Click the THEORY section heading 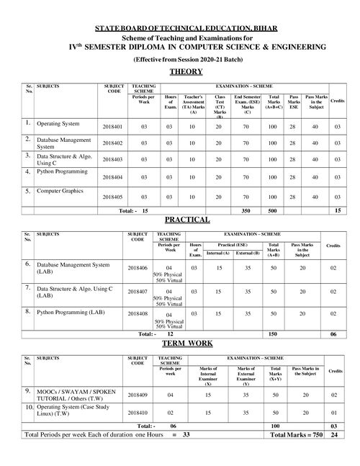pyautogui.click(x=186, y=72)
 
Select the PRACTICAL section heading pyautogui.click(x=186, y=219)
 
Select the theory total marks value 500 pyautogui.click(x=273, y=211)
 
